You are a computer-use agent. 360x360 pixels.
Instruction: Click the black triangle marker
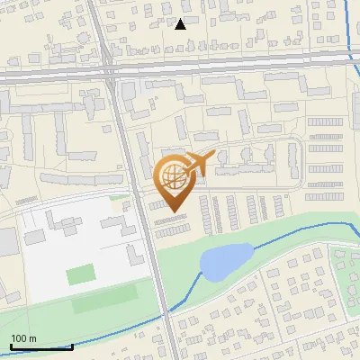click(x=180, y=24)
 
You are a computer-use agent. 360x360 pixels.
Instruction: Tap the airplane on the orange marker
click(x=201, y=162)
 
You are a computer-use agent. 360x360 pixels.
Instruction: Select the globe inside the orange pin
click(x=171, y=177)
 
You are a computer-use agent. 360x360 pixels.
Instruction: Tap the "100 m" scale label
click(x=23, y=338)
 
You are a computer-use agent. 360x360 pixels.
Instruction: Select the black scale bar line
click(x=41, y=346)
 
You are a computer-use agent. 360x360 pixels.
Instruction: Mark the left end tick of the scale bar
click(x=12, y=345)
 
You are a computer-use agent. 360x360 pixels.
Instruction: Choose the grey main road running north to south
click(x=144, y=216)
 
